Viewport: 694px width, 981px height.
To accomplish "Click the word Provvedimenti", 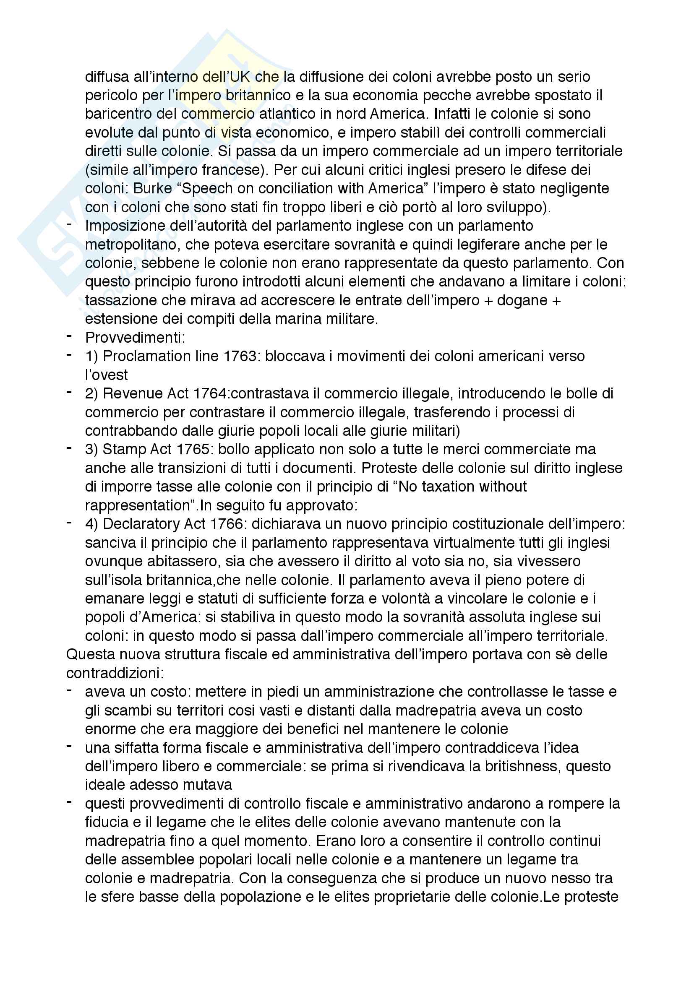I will tap(135, 338).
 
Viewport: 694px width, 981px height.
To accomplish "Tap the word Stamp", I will tap(123, 450).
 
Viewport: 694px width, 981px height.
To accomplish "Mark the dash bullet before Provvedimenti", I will tap(69, 337).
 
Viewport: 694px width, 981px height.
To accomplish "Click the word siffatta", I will tap(137, 748).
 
